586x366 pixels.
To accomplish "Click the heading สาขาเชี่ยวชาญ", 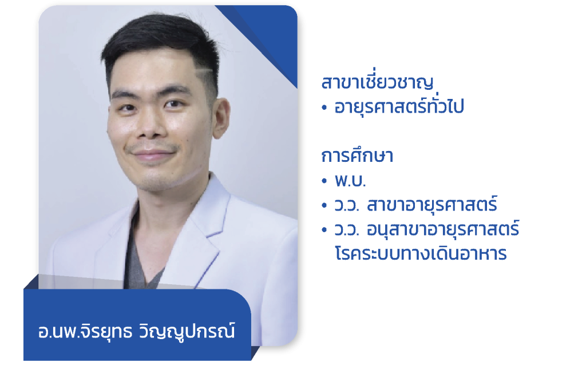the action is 377,83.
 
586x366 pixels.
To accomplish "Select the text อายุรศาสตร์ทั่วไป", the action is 399,106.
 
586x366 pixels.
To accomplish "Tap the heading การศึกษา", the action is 357,156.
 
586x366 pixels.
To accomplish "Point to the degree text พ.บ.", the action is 350,181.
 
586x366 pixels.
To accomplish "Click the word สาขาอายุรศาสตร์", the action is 433,205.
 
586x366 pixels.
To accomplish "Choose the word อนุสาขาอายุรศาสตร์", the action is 444,229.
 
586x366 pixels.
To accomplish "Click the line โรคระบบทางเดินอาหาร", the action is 421,253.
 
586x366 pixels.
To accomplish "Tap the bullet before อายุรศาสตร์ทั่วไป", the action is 324,108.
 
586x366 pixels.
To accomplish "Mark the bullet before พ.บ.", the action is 324,181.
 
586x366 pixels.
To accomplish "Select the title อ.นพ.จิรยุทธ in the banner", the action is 85,332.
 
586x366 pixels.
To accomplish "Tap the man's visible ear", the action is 221,118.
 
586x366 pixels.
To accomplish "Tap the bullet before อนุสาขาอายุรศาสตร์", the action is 324,230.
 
